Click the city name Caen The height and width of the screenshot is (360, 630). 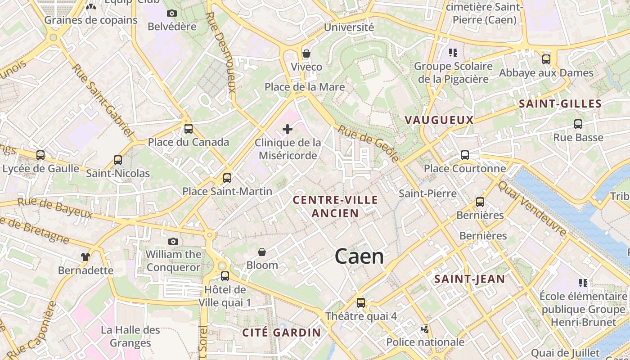(359, 256)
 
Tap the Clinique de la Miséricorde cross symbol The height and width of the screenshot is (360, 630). (288, 130)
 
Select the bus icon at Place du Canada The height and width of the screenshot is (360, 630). (189, 129)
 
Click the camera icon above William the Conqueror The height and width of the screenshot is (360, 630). (173, 242)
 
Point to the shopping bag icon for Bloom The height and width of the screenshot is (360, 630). (262, 252)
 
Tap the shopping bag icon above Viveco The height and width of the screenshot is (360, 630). (306, 54)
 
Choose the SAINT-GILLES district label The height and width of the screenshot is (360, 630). (560, 104)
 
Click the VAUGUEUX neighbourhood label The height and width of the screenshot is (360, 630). (439, 120)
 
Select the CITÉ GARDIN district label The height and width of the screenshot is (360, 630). (282, 333)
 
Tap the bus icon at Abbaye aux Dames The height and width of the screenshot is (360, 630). (546, 59)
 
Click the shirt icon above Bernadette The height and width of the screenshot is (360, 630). (85, 257)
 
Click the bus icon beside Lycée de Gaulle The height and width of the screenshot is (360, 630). (40, 155)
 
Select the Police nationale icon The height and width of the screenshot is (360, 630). (425, 329)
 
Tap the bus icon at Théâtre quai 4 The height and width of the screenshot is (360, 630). (361, 303)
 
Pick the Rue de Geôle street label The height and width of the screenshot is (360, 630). (369, 144)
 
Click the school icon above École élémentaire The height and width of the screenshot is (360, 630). (583, 283)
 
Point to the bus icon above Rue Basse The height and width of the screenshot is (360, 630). (578, 124)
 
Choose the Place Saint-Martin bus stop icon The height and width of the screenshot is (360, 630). (227, 178)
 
